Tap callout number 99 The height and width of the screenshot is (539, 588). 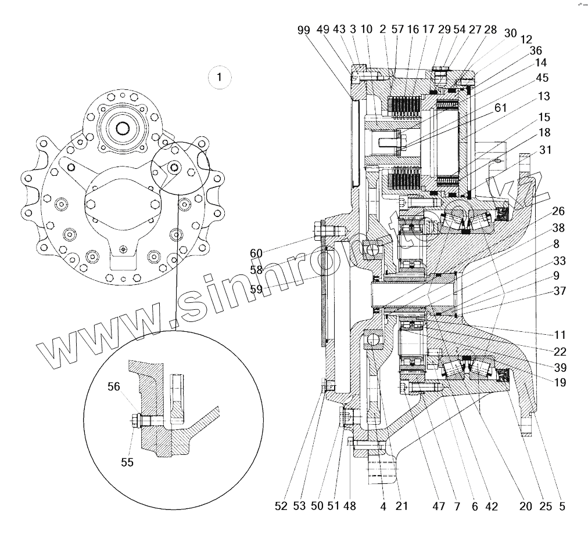[x=303, y=30]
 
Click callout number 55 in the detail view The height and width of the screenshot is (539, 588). [x=127, y=462]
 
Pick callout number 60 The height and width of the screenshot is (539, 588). [x=256, y=253]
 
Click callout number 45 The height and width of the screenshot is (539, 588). [x=542, y=77]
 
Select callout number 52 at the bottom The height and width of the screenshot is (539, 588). [x=281, y=506]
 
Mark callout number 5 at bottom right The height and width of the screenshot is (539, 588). [x=562, y=506]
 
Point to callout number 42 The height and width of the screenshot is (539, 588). [x=491, y=506]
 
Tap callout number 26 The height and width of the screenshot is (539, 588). [x=558, y=211]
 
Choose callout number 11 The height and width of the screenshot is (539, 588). [x=558, y=335]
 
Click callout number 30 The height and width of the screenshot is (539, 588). [x=510, y=34]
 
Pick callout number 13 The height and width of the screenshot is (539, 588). [x=544, y=96]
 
